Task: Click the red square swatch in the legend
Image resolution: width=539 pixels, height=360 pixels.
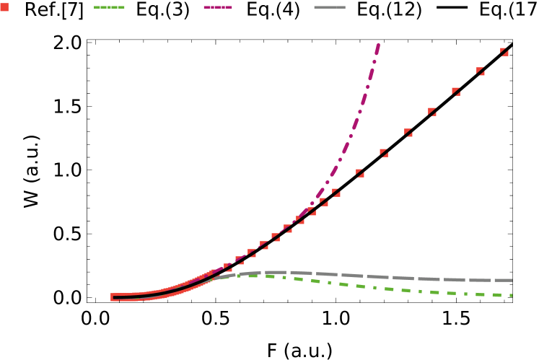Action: (4, 7)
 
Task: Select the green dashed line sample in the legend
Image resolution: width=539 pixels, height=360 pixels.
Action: (109, 7)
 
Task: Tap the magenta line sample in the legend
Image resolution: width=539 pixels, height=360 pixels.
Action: (218, 7)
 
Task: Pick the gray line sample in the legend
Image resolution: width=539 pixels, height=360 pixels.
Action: (330, 7)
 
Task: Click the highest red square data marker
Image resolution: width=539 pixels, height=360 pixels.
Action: (504, 52)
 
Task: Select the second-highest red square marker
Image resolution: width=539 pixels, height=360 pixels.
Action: (481, 71)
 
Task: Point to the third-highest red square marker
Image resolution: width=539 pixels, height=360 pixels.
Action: (456, 92)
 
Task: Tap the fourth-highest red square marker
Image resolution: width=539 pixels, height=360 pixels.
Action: (432, 112)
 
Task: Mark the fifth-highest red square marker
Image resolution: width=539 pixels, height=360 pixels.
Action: (408, 133)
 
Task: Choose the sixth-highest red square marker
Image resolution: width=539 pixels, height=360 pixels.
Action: (384, 153)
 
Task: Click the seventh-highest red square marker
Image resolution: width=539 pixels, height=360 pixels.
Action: (360, 173)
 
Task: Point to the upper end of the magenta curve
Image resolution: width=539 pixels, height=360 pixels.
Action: (378, 45)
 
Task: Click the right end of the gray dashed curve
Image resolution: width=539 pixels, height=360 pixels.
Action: (511, 280)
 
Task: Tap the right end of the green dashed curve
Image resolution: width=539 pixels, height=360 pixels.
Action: (511, 295)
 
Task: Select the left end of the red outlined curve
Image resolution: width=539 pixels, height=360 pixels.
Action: (113, 297)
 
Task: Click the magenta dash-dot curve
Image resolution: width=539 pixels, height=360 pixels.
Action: (352, 134)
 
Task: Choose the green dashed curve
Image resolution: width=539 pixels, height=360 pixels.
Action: (390, 289)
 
